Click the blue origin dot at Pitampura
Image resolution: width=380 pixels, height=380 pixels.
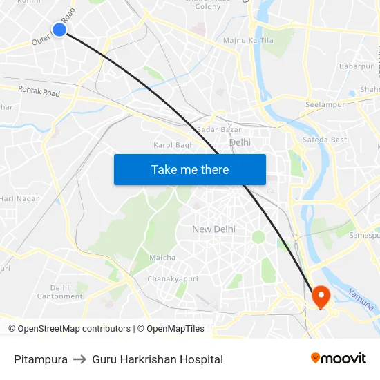[x=59, y=29]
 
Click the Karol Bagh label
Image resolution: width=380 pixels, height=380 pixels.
[x=173, y=145]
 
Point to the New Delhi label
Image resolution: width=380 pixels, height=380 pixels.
[x=213, y=229]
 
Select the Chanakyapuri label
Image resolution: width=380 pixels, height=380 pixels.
[x=168, y=279]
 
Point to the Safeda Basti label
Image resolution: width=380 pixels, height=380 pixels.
[x=326, y=140]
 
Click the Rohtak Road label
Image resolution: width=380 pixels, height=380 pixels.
[x=39, y=91]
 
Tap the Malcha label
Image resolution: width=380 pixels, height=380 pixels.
[x=162, y=258]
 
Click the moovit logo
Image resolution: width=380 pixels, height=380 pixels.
[x=339, y=359]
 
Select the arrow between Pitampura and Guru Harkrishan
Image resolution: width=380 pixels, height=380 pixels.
[x=80, y=359]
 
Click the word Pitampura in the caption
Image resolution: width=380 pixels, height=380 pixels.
[x=41, y=359]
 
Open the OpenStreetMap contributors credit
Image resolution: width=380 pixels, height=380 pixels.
[x=74, y=329]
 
